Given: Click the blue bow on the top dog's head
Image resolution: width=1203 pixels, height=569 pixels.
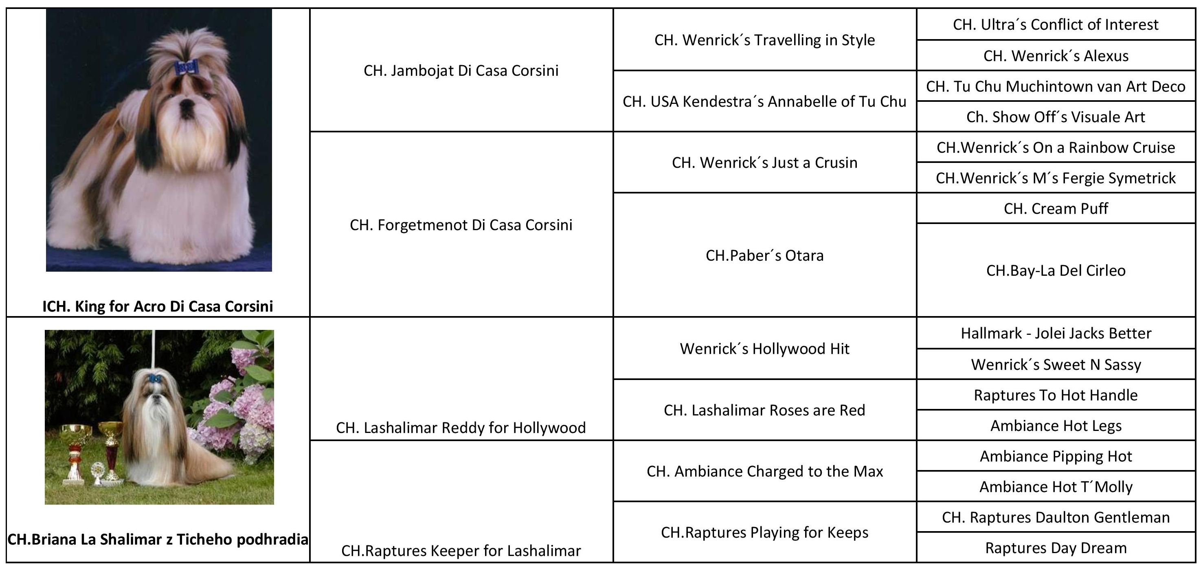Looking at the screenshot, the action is [x=185, y=68].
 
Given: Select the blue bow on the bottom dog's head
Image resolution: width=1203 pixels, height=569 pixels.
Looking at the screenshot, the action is [x=155, y=378].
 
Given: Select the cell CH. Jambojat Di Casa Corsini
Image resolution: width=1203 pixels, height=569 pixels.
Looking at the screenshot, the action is [x=461, y=70].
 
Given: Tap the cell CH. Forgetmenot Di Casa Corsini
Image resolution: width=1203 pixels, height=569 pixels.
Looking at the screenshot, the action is [x=461, y=225].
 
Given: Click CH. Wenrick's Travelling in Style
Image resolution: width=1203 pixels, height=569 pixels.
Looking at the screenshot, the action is [x=764, y=40].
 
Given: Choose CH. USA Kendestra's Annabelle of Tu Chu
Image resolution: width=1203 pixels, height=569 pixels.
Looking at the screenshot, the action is [x=764, y=101].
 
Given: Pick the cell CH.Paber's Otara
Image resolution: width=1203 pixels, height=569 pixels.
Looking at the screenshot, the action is [x=764, y=255].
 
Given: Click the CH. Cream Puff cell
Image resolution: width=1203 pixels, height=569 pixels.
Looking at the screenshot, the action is [x=1056, y=209].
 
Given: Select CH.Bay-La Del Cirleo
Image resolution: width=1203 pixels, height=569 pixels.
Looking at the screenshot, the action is [x=1056, y=270].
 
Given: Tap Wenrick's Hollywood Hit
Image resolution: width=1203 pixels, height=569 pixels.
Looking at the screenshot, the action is [x=764, y=349].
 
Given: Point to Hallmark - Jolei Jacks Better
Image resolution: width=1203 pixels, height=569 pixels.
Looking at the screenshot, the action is [x=1056, y=333].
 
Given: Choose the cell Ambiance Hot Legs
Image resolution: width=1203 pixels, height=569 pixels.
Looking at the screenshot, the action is [x=1056, y=426].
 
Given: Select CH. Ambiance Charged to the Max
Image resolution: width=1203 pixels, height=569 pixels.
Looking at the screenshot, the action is [x=764, y=471].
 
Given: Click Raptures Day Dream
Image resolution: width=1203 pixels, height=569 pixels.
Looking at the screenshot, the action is [x=1056, y=548].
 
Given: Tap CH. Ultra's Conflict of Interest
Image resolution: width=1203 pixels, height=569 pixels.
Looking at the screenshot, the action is [x=1056, y=25].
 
